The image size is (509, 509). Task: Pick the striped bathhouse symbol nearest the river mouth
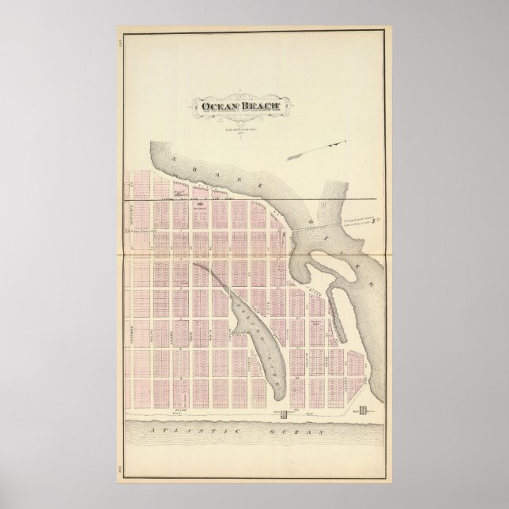pos(364,410)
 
